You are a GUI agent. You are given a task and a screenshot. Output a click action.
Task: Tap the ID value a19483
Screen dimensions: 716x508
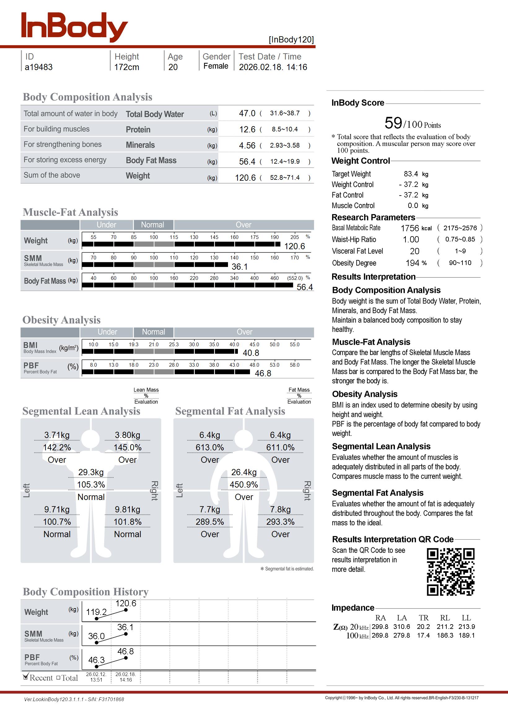click(x=38, y=67)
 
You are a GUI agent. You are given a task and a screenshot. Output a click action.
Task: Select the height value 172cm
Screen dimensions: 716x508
click(x=126, y=67)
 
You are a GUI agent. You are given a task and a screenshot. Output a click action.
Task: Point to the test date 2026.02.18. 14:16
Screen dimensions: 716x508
click(x=273, y=67)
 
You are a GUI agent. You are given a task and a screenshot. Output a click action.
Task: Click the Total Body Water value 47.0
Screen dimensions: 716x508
click(x=247, y=113)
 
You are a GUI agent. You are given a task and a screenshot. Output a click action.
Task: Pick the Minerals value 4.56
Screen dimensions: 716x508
click(x=247, y=145)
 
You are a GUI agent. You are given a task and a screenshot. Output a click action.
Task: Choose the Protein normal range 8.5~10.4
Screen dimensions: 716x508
click(x=285, y=129)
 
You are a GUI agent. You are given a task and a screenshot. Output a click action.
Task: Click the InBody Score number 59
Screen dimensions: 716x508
click(x=393, y=123)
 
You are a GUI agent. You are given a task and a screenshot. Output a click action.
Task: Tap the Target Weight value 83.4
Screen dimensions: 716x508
click(x=411, y=174)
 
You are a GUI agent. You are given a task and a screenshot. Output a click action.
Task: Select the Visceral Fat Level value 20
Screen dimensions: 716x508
click(x=414, y=251)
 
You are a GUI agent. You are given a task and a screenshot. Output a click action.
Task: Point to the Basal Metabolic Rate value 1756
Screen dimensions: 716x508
click(x=409, y=228)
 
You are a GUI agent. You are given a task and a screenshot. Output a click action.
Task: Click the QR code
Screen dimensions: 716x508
click(x=450, y=572)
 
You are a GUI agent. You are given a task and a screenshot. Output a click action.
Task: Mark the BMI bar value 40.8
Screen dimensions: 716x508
click(x=251, y=353)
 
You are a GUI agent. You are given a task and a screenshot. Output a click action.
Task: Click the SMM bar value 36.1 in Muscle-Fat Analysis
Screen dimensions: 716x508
click(x=240, y=267)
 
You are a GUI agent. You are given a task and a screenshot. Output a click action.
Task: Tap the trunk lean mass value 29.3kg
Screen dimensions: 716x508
click(x=91, y=472)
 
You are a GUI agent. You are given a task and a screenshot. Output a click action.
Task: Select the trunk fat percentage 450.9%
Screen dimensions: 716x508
click(x=244, y=485)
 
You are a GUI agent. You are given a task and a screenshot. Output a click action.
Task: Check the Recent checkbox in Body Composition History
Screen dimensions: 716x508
click(x=26, y=677)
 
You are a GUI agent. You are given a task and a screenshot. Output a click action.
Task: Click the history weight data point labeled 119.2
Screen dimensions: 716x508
click(x=96, y=619)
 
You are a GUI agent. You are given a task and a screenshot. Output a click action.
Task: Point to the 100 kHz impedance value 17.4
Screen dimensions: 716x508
click(x=423, y=636)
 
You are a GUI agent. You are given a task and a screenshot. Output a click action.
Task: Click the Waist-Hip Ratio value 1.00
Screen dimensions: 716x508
click(x=411, y=240)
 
